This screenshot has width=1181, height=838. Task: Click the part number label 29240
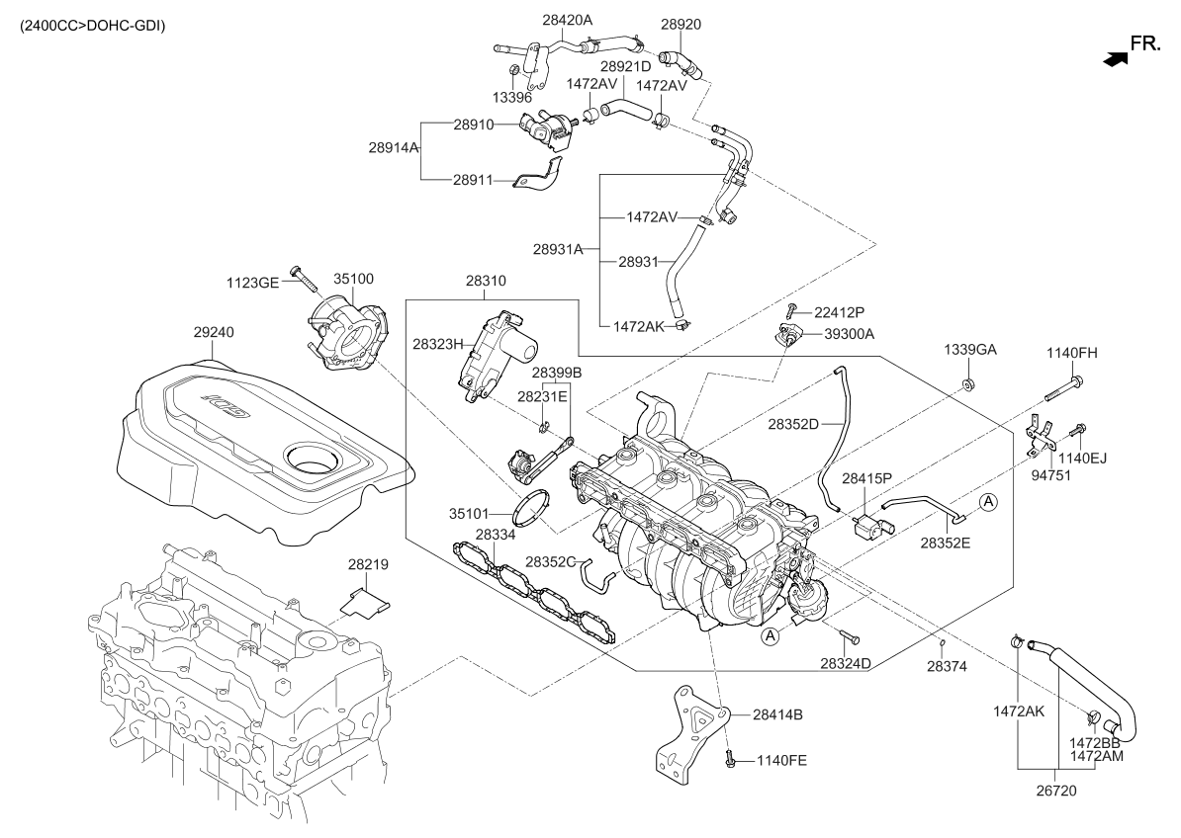pos(214,333)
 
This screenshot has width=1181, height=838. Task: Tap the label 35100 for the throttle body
pos(353,280)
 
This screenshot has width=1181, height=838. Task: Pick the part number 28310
pos(486,281)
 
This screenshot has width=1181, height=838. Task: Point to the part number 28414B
pos(776,713)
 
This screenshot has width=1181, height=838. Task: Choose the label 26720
pos(1056,791)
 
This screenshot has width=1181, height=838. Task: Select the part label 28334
pos(495,535)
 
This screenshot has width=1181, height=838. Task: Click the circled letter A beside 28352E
pos(989,503)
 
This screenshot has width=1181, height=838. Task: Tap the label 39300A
pos(849,334)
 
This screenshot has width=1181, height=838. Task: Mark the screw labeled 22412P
pos(793,313)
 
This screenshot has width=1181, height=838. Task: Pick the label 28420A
pos(567,19)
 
